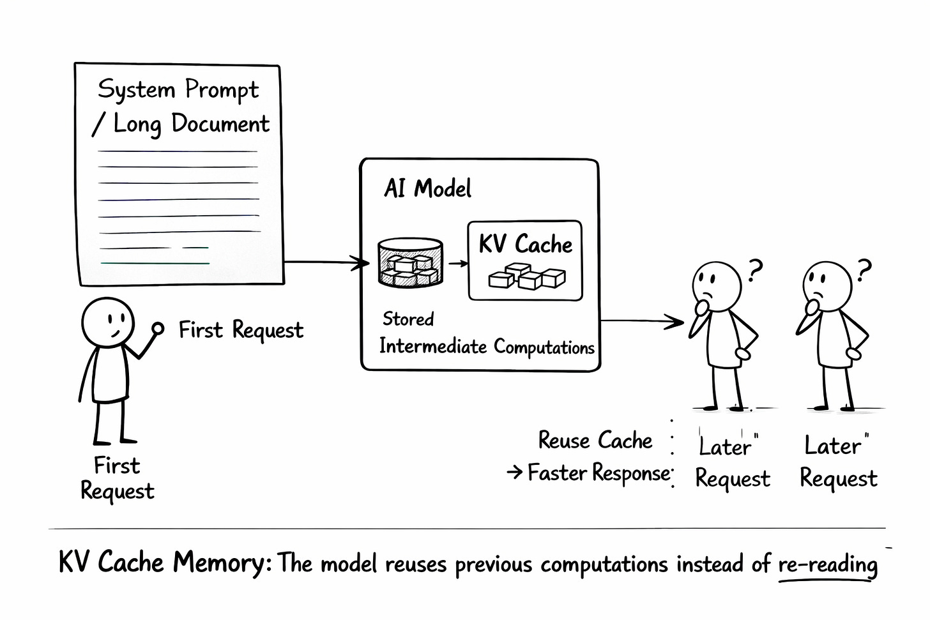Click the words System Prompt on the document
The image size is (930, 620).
click(178, 90)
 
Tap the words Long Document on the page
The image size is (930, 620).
click(191, 124)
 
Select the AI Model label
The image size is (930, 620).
click(427, 189)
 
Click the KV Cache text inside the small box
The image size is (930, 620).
click(525, 245)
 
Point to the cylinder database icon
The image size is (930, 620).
click(410, 262)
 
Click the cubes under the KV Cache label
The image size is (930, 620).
click(527, 276)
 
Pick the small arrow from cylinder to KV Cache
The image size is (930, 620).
click(457, 263)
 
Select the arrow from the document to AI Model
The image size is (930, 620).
click(326, 262)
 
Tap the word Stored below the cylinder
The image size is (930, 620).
click(408, 319)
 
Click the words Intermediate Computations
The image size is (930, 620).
click(487, 347)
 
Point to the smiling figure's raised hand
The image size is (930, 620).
click(157, 329)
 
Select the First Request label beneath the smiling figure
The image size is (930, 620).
click(117, 478)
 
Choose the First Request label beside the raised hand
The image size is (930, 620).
click(241, 330)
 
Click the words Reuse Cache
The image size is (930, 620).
click(595, 441)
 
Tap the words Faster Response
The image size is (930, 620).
click(599, 473)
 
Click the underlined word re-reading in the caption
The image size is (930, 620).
click(828, 564)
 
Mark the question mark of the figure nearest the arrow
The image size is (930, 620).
click(755, 270)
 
